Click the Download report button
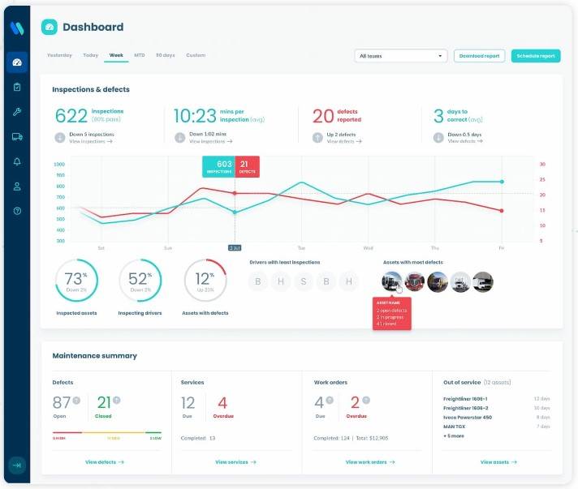(479, 56)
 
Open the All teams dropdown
(401, 56)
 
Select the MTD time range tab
(140, 55)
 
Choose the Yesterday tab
(59, 55)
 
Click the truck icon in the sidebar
(17, 136)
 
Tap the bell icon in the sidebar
(17, 161)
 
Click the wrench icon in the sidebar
(17, 112)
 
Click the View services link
(235, 462)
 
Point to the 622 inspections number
(71, 116)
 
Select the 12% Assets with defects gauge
(205, 281)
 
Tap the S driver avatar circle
(304, 281)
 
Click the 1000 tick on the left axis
(59, 164)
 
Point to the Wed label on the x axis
(368, 247)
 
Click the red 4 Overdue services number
(222, 403)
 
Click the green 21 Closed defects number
(104, 403)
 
